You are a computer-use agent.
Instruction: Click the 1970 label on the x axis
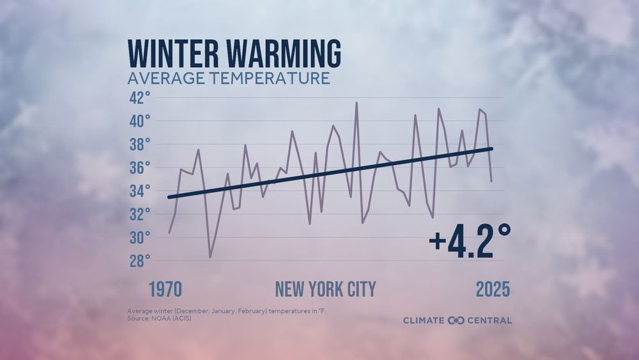pyautogui.click(x=166, y=289)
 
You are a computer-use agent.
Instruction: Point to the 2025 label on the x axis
pyautogui.click(x=493, y=289)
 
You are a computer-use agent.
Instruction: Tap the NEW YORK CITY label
pyautogui.click(x=325, y=289)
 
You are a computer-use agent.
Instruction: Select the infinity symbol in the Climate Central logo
pyautogui.click(x=456, y=320)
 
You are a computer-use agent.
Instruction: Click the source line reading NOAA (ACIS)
pyautogui.click(x=159, y=318)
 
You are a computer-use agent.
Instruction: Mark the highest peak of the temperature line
pyautogui.click(x=357, y=102)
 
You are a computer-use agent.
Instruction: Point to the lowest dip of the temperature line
pyautogui.click(x=210, y=257)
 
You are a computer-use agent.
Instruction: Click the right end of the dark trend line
pyautogui.click(x=492, y=148)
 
